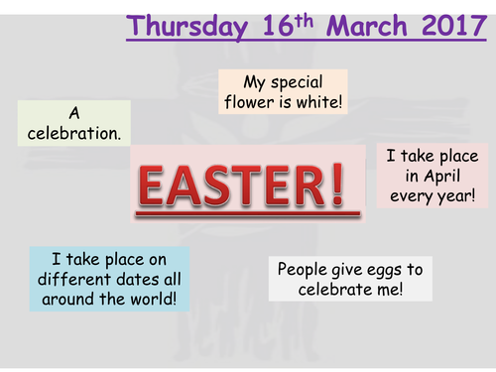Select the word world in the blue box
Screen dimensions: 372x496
point(150,297)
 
